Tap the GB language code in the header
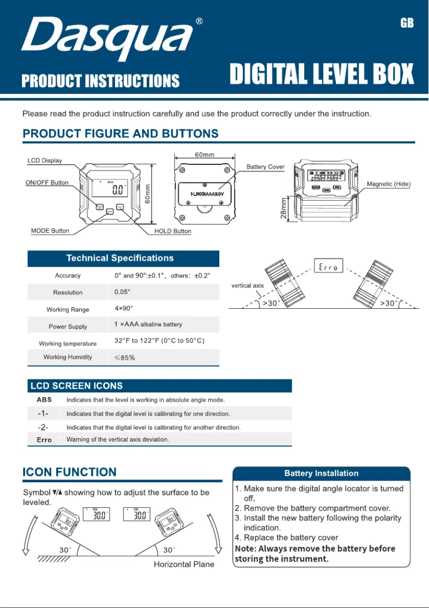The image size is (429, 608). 407,24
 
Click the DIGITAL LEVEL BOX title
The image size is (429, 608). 321,74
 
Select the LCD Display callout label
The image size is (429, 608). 45,161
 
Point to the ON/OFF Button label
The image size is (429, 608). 47,183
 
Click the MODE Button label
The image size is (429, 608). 50,231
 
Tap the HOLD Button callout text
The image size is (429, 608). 172,231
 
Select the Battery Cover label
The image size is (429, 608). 265,167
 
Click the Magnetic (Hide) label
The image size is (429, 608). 388,184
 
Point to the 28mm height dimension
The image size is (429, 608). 284,208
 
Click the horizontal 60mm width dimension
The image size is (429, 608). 204,155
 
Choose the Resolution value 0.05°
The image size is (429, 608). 122,292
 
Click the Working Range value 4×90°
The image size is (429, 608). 124,309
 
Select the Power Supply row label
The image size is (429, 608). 67,326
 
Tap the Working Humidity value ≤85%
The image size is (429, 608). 125,358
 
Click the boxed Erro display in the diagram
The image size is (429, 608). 328,265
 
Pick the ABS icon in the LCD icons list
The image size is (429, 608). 44,400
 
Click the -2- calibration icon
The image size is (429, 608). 43,428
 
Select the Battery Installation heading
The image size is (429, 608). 321,473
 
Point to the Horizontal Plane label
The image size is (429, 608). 184,564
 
